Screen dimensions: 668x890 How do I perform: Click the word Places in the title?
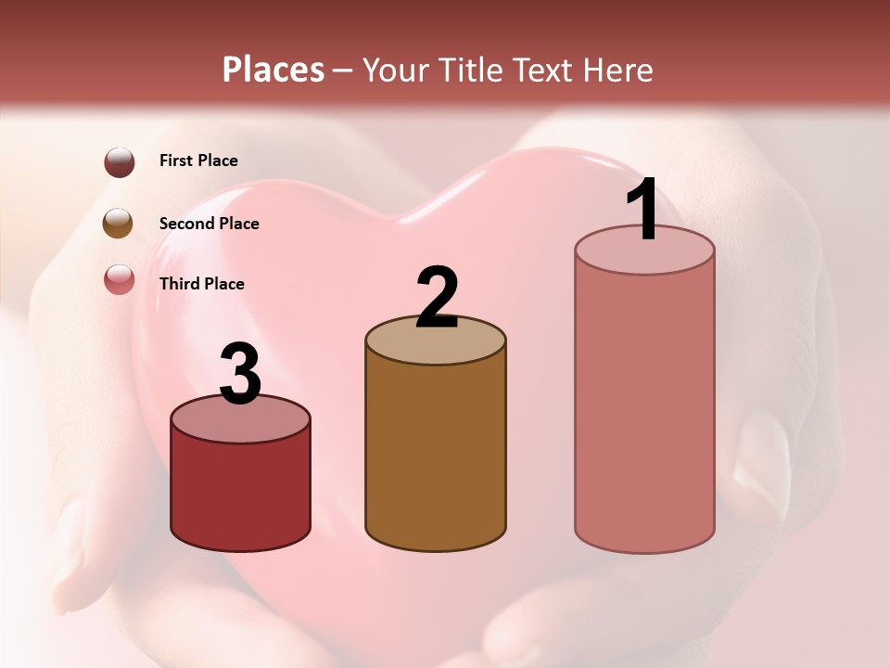point(273,70)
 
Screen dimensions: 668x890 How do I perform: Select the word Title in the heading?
point(466,70)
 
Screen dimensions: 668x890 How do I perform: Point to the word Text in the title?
point(542,70)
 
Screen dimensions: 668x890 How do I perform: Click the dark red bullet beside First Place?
point(119,161)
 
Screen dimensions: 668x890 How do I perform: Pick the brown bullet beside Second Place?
point(119,224)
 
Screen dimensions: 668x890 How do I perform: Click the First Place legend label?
point(198,161)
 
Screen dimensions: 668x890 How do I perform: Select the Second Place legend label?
point(209,224)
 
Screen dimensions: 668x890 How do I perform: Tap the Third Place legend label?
point(201,284)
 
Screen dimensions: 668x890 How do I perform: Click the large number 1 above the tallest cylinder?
point(642,210)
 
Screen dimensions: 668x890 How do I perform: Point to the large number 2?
point(437,297)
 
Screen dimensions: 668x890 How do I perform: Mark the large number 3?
point(240,375)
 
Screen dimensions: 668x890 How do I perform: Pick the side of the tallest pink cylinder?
point(644,408)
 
